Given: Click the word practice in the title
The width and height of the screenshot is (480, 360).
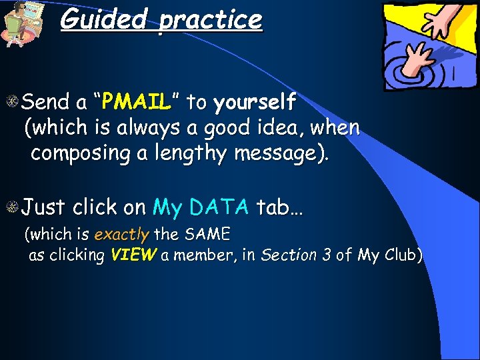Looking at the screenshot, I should coord(211,19).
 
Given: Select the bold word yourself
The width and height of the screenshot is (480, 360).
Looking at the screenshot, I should coord(255,102).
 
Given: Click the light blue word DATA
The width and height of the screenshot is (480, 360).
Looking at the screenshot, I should coord(219,207).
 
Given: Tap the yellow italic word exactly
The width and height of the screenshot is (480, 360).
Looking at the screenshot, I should coord(123,235).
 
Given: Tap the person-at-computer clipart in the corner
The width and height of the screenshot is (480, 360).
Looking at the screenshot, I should coord(23,23).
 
